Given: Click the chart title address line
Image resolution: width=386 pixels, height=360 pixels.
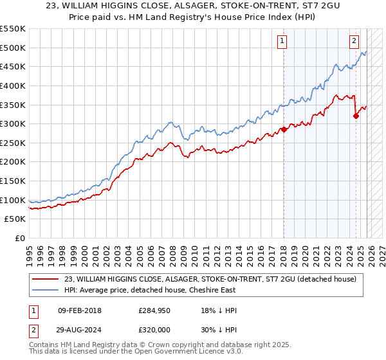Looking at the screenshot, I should pos(192,7).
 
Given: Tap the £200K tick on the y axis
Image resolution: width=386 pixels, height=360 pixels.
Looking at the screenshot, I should pos(14,161).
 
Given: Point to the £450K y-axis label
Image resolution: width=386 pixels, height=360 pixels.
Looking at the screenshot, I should pos(14,66).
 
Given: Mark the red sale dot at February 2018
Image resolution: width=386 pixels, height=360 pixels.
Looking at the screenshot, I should pos(283,130).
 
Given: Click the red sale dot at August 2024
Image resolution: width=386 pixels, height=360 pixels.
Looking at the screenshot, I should pos(356,116).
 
